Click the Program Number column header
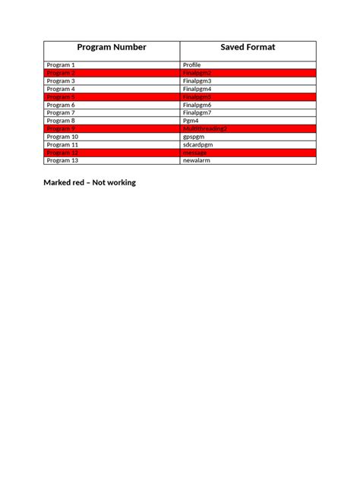point(112,48)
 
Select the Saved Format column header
point(248,48)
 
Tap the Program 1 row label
point(61,65)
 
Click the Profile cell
point(192,65)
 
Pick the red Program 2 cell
point(61,73)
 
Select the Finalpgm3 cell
point(197,81)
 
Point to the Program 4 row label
point(61,89)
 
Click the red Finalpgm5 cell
point(197,97)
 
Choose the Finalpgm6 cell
point(197,105)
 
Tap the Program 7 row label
point(61,113)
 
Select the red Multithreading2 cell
point(205,129)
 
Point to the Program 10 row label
point(62,137)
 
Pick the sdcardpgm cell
point(198,145)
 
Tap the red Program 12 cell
point(62,153)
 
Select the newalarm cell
point(196,161)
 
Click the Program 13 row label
point(62,161)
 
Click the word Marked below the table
point(58,183)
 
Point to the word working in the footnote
point(119,183)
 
